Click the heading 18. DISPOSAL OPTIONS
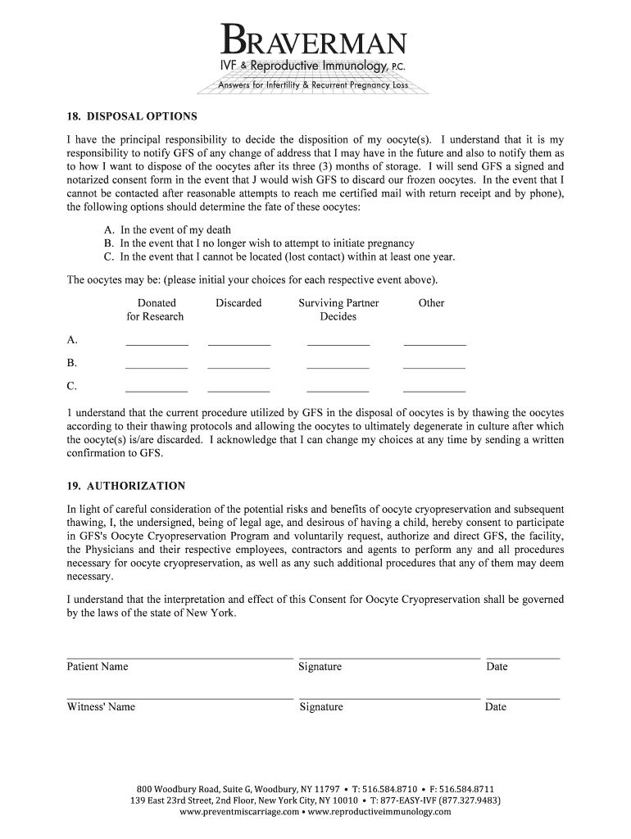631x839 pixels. [x=132, y=116]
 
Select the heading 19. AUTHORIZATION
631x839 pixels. [x=125, y=486]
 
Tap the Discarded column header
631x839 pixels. [x=238, y=303]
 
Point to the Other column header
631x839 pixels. [x=431, y=303]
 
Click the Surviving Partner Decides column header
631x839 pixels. [x=338, y=310]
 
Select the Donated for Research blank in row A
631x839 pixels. [x=157, y=344]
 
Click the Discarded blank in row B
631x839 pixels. [x=238, y=367]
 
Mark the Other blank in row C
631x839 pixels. [x=434, y=390]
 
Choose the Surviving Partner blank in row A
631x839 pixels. [x=338, y=344]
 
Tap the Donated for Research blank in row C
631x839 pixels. [x=157, y=390]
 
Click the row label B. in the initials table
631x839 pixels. [x=72, y=363]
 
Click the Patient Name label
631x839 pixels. [x=98, y=667]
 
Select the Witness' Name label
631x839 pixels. [x=101, y=707]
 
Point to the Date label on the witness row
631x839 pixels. [x=496, y=707]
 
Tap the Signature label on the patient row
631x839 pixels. [x=320, y=667]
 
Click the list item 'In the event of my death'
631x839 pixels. [x=175, y=230]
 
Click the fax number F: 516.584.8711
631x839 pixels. [x=461, y=788]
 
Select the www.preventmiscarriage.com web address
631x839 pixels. [x=238, y=812]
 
